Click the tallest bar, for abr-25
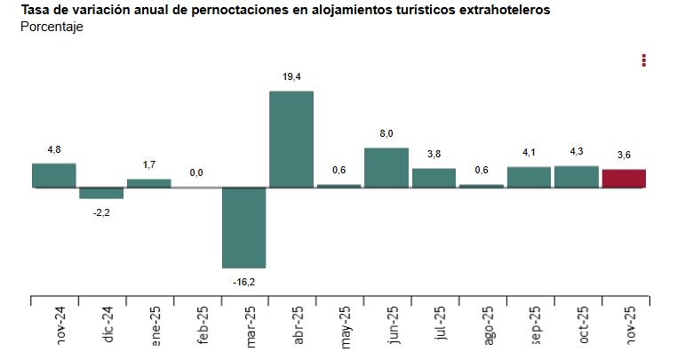pyautogui.click(x=291, y=139)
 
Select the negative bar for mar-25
pyautogui.click(x=243, y=228)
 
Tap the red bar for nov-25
pyautogui.click(x=624, y=178)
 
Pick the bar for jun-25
pyautogui.click(x=386, y=167)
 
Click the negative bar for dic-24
pyautogui.click(x=101, y=193)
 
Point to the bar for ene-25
pyautogui.click(x=148, y=183)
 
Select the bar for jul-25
pyautogui.click(x=434, y=178)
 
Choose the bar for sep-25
pyautogui.click(x=529, y=177)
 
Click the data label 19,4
pyautogui.click(x=291, y=77)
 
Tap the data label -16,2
pyautogui.click(x=243, y=281)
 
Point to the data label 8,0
pyautogui.click(x=386, y=133)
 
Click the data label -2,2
pyautogui.click(x=101, y=212)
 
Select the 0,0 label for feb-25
pyautogui.click(x=196, y=172)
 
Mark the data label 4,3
pyautogui.click(x=577, y=152)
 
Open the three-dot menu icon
pyautogui.click(x=644, y=60)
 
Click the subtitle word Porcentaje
pyautogui.click(x=52, y=27)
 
